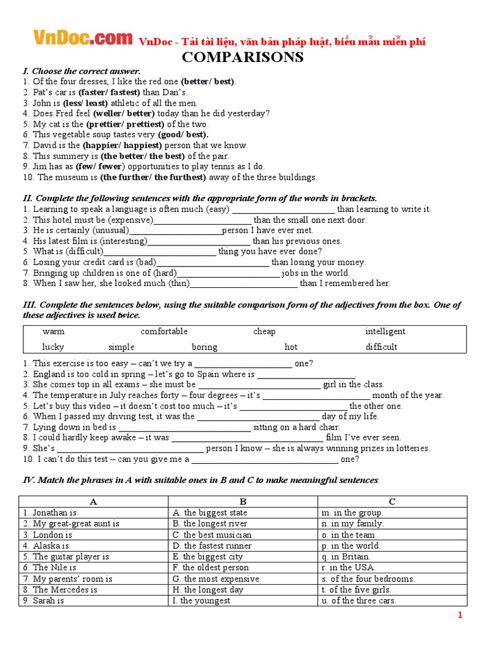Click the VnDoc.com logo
[x=82, y=39]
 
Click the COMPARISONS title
[x=243, y=58]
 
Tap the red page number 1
[x=461, y=615]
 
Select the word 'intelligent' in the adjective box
[x=385, y=332]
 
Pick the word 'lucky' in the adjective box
[x=53, y=347]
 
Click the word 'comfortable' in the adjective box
[x=164, y=332]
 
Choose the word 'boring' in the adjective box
[x=204, y=347]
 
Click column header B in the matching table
[x=242, y=502]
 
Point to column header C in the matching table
[x=392, y=502]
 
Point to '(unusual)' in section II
[x=110, y=230]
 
